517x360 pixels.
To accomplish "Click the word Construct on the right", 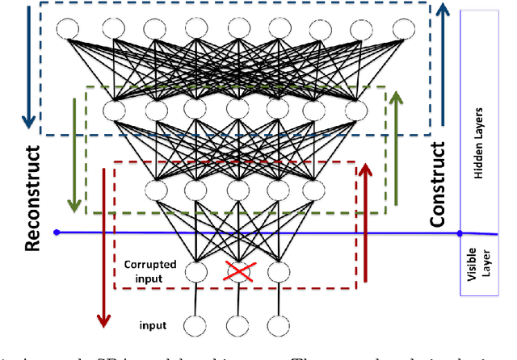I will pyautogui.click(x=437, y=184).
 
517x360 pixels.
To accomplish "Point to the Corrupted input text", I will pyautogui.click(x=150, y=270).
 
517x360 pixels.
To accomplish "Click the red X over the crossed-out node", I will pyautogui.click(x=237, y=272).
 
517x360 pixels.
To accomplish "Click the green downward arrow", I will pyautogui.click(x=74, y=153).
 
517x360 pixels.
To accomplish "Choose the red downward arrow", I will pyautogui.click(x=103, y=246).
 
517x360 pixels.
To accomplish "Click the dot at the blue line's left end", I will pyautogui.click(x=57, y=232).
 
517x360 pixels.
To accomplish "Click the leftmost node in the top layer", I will pyautogui.click(x=68, y=28).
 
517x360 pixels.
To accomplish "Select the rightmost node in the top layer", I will pyautogui.click(x=402, y=28).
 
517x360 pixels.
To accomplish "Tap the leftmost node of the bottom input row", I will pyautogui.click(x=194, y=326).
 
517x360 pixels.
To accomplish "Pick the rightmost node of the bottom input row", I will pyautogui.click(x=277, y=326).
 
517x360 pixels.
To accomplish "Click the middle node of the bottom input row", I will pyautogui.click(x=236, y=326).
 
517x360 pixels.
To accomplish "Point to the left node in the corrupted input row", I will pyautogui.click(x=195, y=272).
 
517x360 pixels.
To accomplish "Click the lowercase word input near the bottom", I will pyautogui.click(x=153, y=325).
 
